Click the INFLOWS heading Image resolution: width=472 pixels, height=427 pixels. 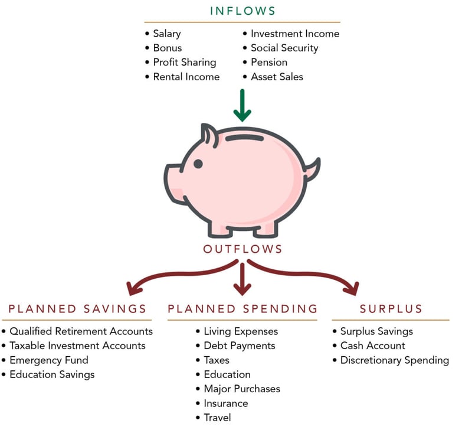[x=242, y=11]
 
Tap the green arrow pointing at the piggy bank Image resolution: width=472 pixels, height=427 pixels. [x=242, y=105]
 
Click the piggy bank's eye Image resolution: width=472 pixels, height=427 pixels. [x=198, y=164]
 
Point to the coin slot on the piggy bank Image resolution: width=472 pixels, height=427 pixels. [x=244, y=138]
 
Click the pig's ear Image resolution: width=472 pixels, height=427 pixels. [x=209, y=135]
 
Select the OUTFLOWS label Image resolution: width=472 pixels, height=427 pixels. [x=242, y=249]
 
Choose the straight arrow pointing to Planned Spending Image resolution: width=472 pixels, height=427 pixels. [x=242, y=279]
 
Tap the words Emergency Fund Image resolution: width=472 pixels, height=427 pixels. [x=49, y=360]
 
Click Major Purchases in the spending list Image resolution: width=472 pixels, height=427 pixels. [x=242, y=389]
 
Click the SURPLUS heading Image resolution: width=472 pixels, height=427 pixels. [x=391, y=309]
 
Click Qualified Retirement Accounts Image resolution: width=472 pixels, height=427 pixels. [x=81, y=331]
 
